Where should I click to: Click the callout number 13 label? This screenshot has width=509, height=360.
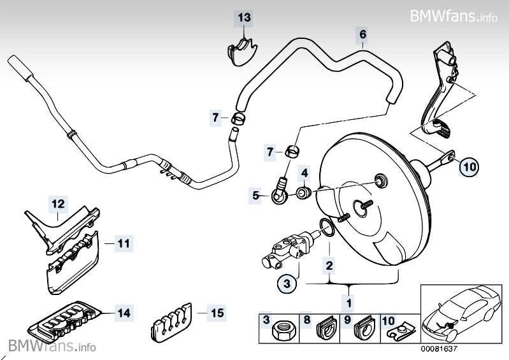(x=244, y=18)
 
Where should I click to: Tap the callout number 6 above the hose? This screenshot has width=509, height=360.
(x=363, y=34)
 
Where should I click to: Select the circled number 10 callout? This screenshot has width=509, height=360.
(x=469, y=167)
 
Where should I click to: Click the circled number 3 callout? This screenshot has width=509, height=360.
(x=287, y=284)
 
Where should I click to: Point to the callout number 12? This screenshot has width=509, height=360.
(x=58, y=204)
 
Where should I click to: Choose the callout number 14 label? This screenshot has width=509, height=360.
(x=124, y=313)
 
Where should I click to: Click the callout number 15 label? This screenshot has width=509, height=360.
(x=217, y=313)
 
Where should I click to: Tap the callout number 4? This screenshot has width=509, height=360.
(x=305, y=173)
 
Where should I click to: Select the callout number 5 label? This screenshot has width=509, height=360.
(x=256, y=196)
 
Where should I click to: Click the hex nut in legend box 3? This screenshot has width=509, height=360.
(x=282, y=331)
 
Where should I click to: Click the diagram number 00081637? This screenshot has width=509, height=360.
(x=439, y=349)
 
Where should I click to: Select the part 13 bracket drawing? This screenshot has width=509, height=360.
(x=241, y=51)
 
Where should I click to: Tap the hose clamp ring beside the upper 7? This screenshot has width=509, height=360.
(x=238, y=119)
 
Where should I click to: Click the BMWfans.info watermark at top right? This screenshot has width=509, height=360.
(x=453, y=15)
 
